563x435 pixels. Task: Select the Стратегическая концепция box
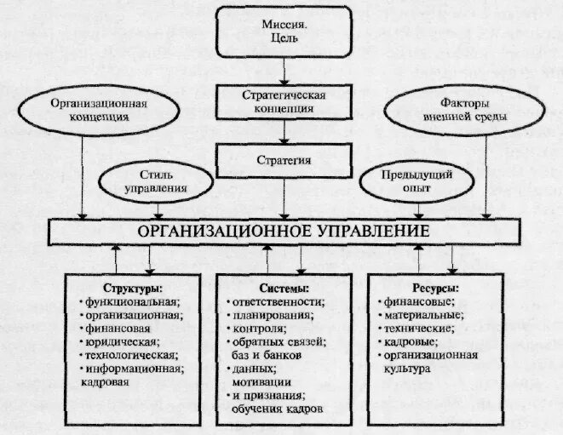coord(283,101)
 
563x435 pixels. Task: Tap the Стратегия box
coord(283,159)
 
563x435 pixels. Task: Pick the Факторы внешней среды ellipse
coord(465,110)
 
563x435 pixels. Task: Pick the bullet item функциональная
coord(131,301)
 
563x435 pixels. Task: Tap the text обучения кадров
coord(277,409)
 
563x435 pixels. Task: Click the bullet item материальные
coord(422,315)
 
